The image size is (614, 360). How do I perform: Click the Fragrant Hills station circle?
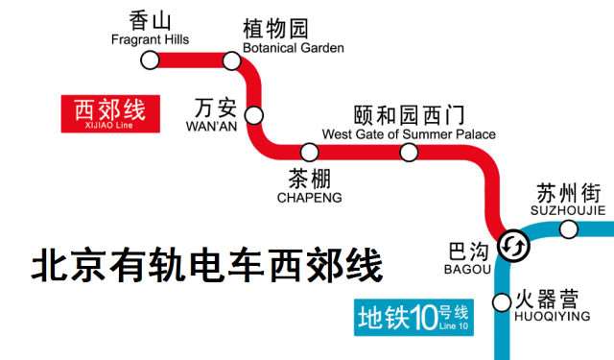150,60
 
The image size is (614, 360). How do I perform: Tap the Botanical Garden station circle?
231,60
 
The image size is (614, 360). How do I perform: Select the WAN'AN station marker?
254,115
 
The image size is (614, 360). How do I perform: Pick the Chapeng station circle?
310,152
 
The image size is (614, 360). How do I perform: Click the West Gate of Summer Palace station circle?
410,152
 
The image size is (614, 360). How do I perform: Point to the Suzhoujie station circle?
569,228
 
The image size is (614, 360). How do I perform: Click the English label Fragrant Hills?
150,40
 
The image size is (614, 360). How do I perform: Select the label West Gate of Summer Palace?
410,134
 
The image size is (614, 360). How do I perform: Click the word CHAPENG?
309,198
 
